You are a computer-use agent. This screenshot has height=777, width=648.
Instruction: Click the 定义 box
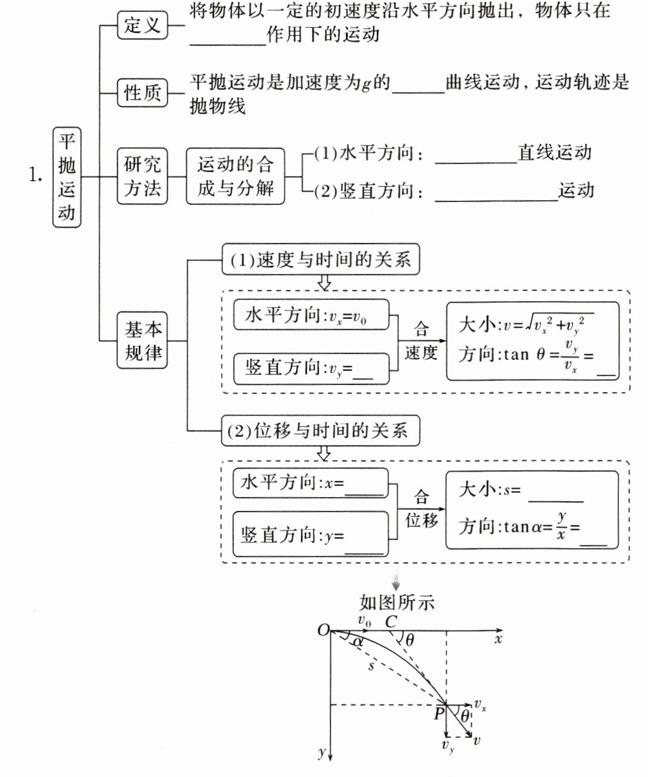click(x=142, y=26)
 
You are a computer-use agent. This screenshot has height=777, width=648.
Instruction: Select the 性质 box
click(x=142, y=93)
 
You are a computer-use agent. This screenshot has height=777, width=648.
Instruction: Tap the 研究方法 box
click(x=142, y=176)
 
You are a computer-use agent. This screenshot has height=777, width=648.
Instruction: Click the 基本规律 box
click(x=143, y=340)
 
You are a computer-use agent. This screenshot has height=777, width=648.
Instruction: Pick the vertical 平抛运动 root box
click(x=67, y=176)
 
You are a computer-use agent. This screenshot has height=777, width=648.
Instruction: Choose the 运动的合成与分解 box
click(x=235, y=176)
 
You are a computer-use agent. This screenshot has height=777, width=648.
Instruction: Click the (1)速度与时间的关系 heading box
click(x=320, y=260)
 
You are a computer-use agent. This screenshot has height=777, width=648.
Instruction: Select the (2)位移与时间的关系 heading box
click(x=320, y=430)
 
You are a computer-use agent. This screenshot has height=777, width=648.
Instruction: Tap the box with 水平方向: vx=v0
click(x=310, y=315)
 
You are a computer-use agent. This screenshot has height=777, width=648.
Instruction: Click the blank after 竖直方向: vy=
click(x=363, y=374)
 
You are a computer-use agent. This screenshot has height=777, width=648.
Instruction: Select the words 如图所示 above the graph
click(x=397, y=602)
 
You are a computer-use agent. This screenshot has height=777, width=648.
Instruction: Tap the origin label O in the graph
click(x=323, y=630)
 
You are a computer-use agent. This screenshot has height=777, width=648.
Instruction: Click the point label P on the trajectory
click(x=439, y=713)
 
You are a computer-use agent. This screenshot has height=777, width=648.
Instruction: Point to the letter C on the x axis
click(x=391, y=622)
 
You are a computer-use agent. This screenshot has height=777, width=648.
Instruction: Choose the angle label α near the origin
click(x=357, y=642)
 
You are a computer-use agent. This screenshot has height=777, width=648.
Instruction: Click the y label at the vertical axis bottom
click(x=322, y=753)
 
